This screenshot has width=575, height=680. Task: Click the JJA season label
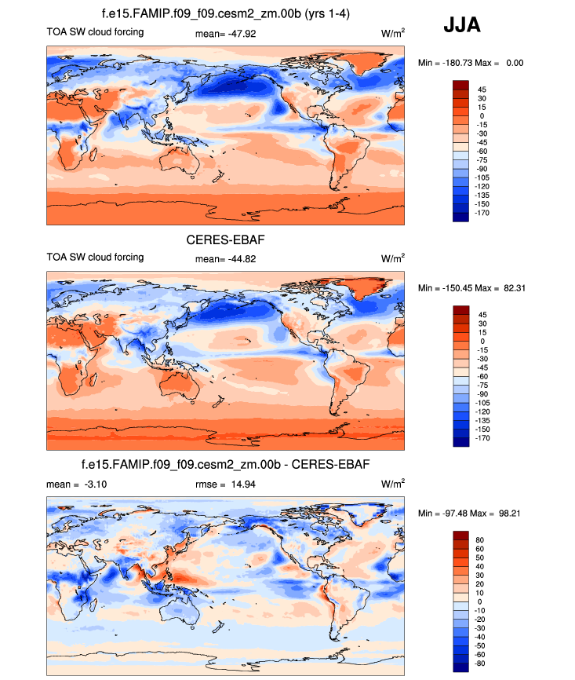(x=462, y=25)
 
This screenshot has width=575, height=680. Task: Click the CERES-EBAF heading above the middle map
(x=225, y=239)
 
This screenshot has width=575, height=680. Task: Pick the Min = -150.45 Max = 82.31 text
(x=471, y=288)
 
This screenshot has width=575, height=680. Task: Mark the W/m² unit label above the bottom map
(x=393, y=484)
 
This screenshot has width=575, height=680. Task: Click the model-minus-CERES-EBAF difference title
(x=225, y=465)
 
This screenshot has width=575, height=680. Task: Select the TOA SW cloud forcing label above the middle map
(x=95, y=258)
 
